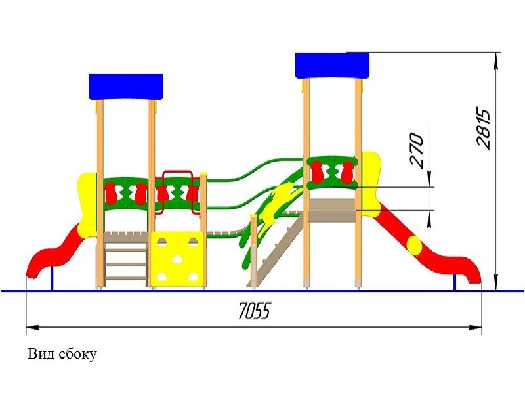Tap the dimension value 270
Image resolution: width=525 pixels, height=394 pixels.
pos(417,152)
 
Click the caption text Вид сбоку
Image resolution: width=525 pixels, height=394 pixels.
pos(62,355)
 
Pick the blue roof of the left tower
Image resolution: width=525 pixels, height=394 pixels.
pos(125,87)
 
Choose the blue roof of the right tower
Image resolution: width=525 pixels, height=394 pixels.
pos(333,65)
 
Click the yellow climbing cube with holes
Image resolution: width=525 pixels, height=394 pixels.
pos(178,259)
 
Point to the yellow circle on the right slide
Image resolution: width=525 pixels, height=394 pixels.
pos(415,246)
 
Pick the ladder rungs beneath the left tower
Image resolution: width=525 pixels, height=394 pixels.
pos(125,263)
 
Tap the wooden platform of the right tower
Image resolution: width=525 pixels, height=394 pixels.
pos(333,210)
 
